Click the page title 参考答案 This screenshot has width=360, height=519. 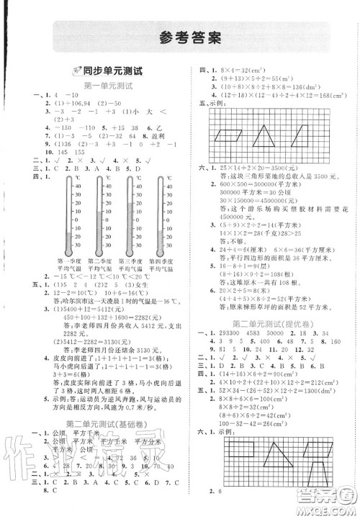point(181,37)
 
